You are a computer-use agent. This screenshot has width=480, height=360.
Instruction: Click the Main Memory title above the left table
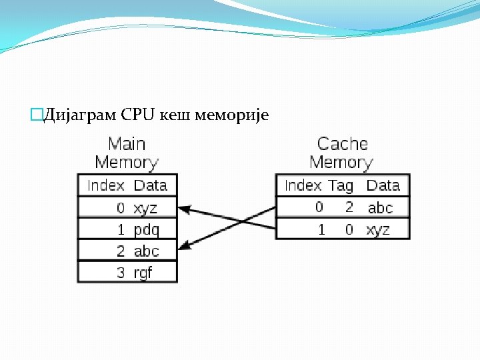[x=127, y=153]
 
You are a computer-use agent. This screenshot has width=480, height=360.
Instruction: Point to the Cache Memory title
[x=342, y=153]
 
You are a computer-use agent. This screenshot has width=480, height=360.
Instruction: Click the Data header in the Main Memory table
[x=150, y=185]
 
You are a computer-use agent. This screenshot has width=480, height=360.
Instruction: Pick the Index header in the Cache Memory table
[x=303, y=185]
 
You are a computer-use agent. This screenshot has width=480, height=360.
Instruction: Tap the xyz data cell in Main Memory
[x=145, y=208]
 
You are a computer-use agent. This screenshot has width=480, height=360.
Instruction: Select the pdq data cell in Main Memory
[x=147, y=230]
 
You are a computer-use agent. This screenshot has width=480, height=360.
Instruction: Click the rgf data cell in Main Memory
[x=143, y=273]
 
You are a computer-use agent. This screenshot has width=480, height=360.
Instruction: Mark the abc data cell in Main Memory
[x=146, y=251]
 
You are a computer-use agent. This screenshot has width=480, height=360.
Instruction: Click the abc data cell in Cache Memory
[x=380, y=208]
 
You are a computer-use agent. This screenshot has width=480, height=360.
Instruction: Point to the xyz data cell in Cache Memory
[x=378, y=230]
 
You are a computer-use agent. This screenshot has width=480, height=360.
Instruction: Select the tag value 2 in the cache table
[x=349, y=207]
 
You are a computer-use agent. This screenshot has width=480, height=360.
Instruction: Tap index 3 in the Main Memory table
[x=121, y=273]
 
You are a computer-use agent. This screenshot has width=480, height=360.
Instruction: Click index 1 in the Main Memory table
[x=121, y=230]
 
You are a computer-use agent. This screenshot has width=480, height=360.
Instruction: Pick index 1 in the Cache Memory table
[x=321, y=230]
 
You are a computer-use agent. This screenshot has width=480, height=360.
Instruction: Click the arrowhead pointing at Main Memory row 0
[x=185, y=209]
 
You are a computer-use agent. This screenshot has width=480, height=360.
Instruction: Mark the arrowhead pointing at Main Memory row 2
[x=185, y=246]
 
